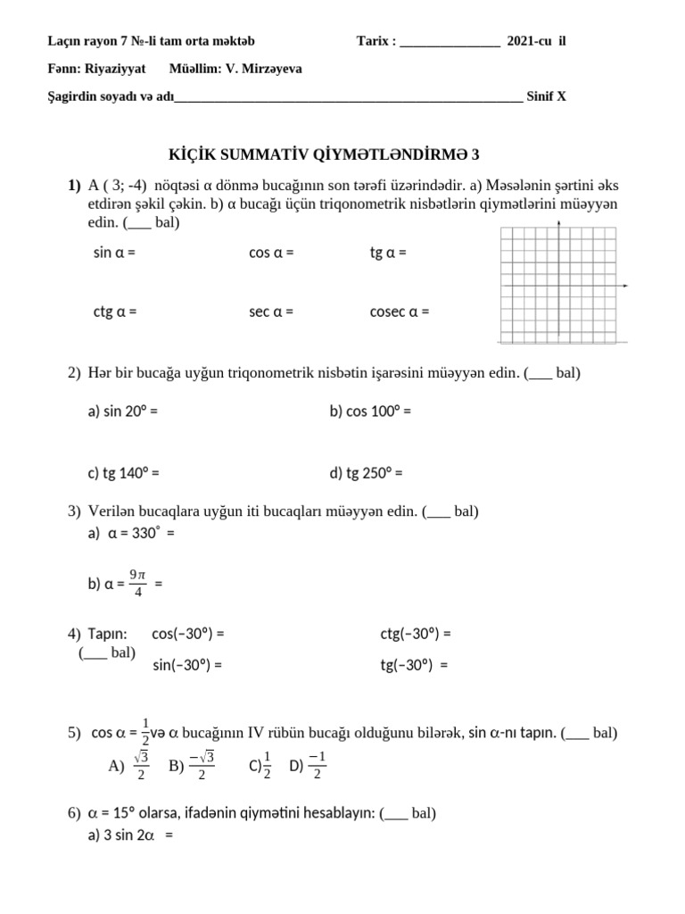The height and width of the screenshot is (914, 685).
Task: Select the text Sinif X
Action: tap(546, 97)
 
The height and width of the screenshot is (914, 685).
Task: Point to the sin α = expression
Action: tap(114, 253)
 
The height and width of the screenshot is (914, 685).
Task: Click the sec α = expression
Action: tap(271, 312)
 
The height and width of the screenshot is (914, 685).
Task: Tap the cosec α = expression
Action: tap(400, 312)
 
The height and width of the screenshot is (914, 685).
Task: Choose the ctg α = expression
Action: tap(114, 312)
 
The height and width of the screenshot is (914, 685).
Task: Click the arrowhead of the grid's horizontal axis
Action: tap(626, 286)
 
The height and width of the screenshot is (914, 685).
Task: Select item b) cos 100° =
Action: tap(370, 411)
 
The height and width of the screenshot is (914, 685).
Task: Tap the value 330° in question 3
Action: tap(144, 534)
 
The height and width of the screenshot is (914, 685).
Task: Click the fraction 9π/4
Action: tap(136, 583)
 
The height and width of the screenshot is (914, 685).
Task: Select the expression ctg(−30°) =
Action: tap(416, 635)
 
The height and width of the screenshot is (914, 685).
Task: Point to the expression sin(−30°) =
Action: tap(187, 665)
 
